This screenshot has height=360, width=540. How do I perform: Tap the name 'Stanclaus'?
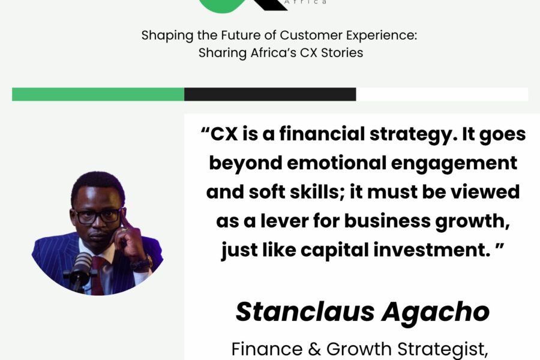[x=305, y=312]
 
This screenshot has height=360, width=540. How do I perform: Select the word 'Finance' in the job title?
[x=267, y=349]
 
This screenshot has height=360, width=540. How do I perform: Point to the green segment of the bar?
[x=98, y=94]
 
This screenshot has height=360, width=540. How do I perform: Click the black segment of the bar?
[x=270, y=94]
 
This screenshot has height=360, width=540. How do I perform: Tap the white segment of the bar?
[x=442, y=94]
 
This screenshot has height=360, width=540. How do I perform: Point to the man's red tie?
[x=97, y=275]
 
